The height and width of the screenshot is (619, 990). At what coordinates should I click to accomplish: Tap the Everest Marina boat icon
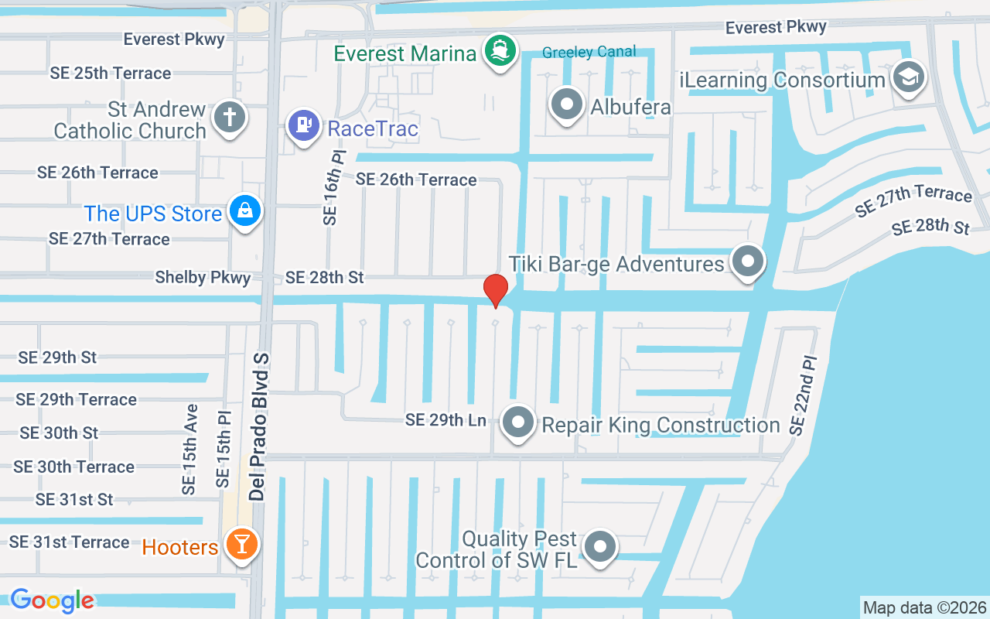pos(500,51)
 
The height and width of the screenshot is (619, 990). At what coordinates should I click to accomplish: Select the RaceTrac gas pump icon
pos(304,125)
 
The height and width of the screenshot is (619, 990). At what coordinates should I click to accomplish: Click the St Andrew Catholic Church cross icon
pos(230,118)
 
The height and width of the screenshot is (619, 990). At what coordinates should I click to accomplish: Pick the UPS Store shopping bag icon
pos(245,210)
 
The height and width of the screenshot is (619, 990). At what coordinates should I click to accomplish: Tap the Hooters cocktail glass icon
pos(241,544)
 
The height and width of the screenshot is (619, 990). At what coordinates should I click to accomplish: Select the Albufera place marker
pos(567,104)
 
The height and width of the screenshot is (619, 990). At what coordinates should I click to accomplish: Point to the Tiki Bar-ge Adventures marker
pos(747,262)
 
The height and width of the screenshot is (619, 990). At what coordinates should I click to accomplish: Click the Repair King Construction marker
pos(518,422)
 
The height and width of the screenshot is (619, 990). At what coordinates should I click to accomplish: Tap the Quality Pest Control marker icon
pos(599,546)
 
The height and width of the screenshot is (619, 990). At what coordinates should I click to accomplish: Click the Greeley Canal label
pos(589,52)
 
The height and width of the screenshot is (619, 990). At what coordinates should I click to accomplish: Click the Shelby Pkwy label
pos(203,277)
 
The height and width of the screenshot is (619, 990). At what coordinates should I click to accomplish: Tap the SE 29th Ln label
pos(446,420)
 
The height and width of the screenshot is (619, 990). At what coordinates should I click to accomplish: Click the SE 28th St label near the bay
pos(930,227)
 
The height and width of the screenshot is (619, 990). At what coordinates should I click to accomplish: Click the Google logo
pos(52,600)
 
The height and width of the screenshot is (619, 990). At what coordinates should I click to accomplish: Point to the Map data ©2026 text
pos(924,607)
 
